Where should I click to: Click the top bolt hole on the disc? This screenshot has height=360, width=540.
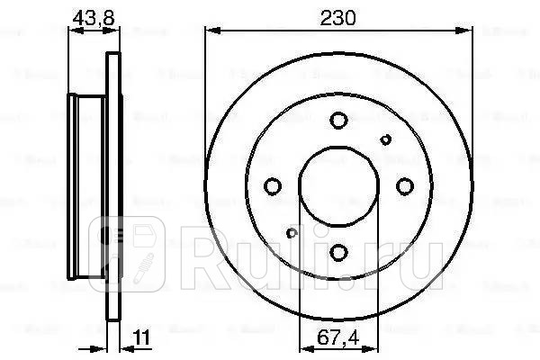pos(338,120)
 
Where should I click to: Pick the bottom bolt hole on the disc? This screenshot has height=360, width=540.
pos(338,253)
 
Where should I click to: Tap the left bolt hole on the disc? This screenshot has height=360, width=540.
pos(272,186)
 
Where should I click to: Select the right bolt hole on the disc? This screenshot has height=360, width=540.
pos(405,186)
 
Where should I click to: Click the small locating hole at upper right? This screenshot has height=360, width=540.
pos(386,139)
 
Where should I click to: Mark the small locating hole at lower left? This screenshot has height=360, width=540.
pos(291,234)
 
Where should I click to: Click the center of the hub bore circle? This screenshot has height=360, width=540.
pos(338,186)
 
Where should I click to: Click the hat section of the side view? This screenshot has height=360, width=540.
pos(88,186)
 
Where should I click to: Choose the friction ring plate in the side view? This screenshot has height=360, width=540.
pos(113,186)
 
